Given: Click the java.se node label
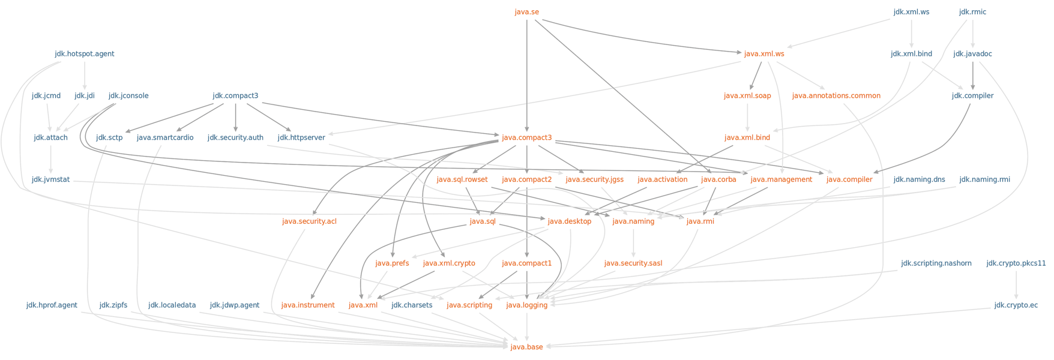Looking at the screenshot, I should pyautogui.click(x=526, y=12).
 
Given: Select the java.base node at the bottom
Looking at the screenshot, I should pyautogui.click(x=526, y=347).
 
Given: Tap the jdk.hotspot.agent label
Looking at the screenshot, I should pyautogui.click(x=85, y=54).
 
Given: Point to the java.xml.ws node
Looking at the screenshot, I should pyautogui.click(x=764, y=54).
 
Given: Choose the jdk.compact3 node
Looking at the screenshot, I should pyautogui.click(x=235, y=96).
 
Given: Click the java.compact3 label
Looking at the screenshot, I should pyautogui.click(x=526, y=138).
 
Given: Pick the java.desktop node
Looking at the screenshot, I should pyautogui.click(x=569, y=221).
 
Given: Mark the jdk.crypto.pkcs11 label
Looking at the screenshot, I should pyautogui.click(x=1016, y=263).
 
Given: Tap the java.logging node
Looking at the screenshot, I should pyautogui.click(x=526, y=305).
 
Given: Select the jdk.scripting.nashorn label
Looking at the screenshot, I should pyautogui.click(x=936, y=263).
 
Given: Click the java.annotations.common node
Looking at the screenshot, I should pyautogui.click(x=836, y=96).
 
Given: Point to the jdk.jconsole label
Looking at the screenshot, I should pyautogui.click(x=128, y=96).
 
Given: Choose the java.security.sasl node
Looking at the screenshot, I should pyautogui.click(x=633, y=263).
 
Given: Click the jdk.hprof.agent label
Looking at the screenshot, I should pyautogui.click(x=52, y=305).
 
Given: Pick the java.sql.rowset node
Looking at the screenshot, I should pyautogui.click(x=462, y=179).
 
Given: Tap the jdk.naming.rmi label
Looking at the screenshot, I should pyautogui.click(x=984, y=179).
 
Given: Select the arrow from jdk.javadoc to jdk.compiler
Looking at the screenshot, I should pyautogui.click(x=972, y=75).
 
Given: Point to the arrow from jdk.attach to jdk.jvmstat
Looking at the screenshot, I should pyautogui.click(x=51, y=159).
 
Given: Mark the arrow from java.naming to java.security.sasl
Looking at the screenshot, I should pyautogui.click(x=633, y=242).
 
